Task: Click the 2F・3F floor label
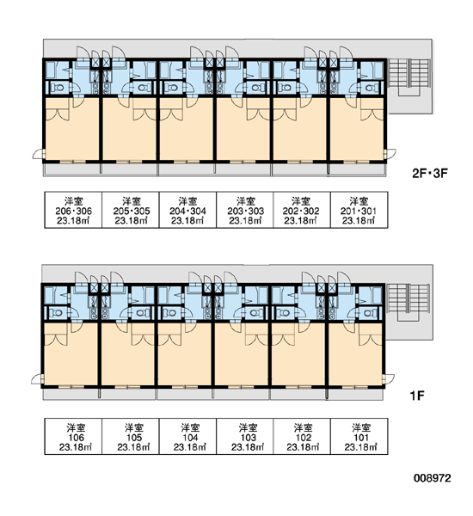[x=430, y=173]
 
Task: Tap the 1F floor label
[x=417, y=396]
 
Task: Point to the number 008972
[x=433, y=478]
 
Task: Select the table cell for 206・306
[x=73, y=210]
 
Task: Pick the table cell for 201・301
[x=359, y=210]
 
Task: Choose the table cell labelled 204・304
[x=187, y=210]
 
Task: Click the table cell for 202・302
[x=302, y=210]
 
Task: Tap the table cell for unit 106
[x=73, y=437]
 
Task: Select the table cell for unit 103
[x=244, y=437]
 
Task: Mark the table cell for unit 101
[x=359, y=437]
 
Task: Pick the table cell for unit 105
[x=131, y=437]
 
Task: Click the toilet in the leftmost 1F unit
[x=58, y=313]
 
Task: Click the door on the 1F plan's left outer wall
[x=37, y=379]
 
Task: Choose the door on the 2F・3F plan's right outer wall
[x=390, y=154]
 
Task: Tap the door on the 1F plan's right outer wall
[x=389, y=378]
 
